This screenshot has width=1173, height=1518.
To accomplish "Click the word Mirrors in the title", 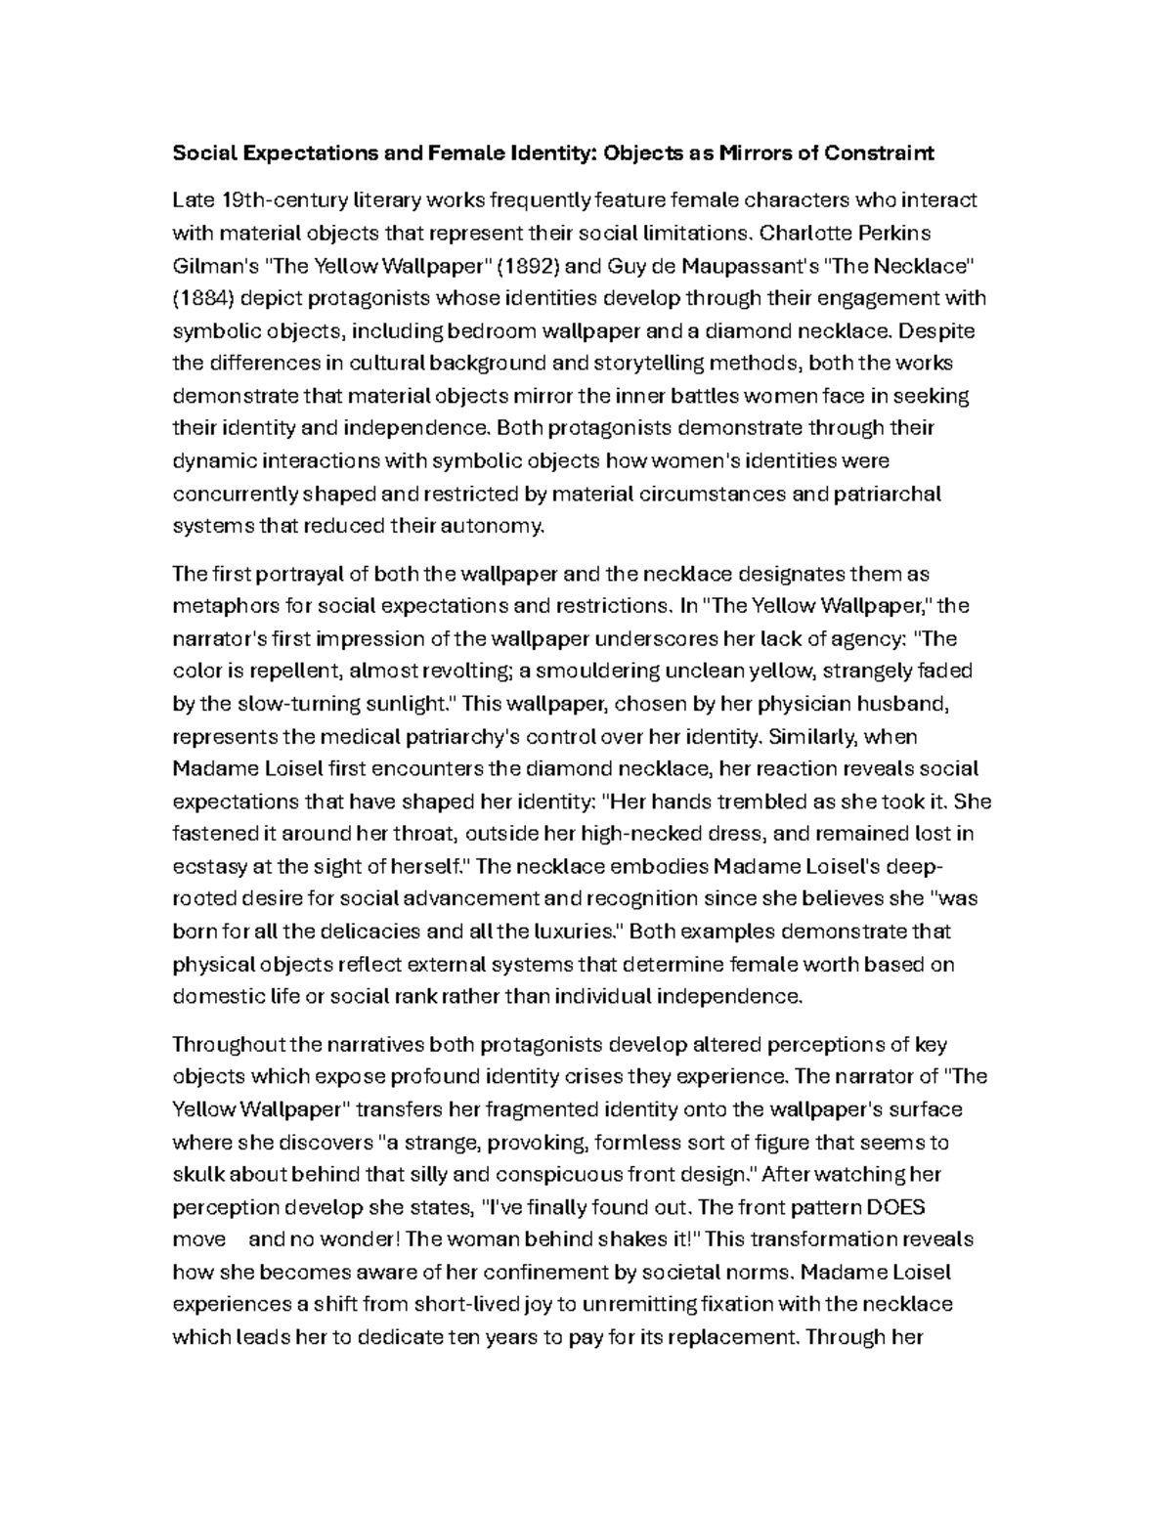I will tap(750, 153).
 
